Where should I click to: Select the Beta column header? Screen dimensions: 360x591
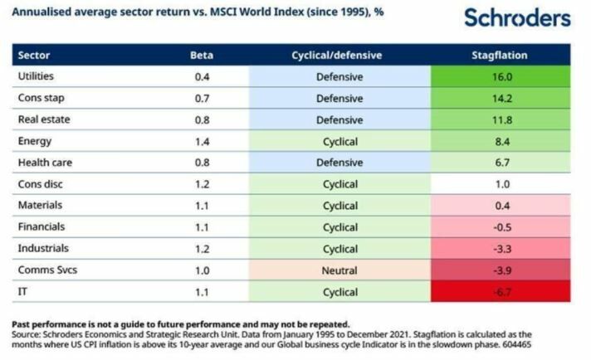(202, 56)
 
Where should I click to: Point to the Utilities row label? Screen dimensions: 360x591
(37, 76)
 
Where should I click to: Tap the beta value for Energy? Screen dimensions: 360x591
(202, 141)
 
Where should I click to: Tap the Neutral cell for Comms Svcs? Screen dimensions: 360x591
(339, 270)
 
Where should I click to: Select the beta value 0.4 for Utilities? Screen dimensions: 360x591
(202, 77)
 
